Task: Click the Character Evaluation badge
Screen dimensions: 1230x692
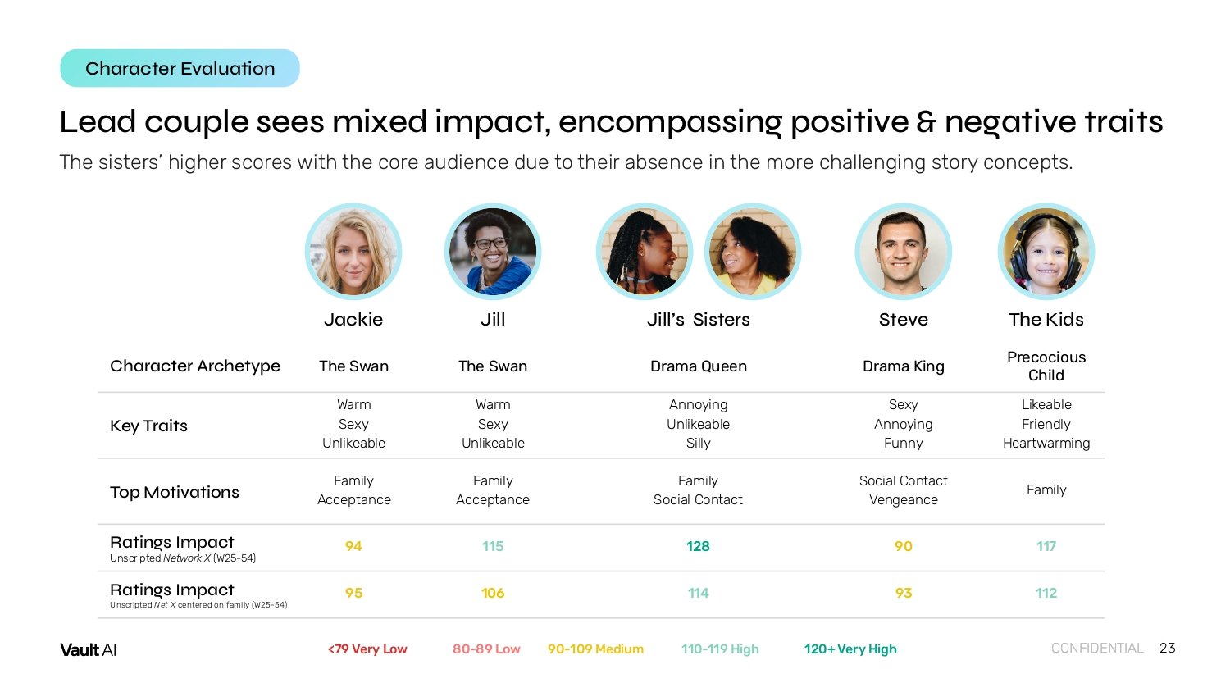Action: click(x=180, y=68)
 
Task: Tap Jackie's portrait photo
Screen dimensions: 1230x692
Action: click(x=353, y=252)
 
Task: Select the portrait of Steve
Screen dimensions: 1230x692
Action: click(x=904, y=252)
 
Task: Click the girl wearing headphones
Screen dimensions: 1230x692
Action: click(x=1046, y=252)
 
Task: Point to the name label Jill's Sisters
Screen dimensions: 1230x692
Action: click(x=698, y=319)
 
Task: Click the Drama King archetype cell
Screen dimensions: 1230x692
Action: click(x=904, y=366)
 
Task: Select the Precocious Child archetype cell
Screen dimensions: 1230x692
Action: click(x=1046, y=366)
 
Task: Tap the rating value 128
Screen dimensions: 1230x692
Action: click(x=698, y=546)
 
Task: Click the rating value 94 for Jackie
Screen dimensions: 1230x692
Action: click(x=353, y=546)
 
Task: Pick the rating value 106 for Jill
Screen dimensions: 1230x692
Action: click(x=493, y=593)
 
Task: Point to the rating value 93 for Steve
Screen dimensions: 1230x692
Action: click(x=904, y=593)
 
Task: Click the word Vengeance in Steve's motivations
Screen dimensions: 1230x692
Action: click(x=904, y=500)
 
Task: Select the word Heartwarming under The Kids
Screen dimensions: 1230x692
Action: click(x=1046, y=444)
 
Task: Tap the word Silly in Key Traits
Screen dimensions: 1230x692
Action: click(x=698, y=444)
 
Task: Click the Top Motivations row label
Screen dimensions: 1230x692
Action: click(x=175, y=492)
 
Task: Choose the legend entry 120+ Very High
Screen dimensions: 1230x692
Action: click(x=850, y=649)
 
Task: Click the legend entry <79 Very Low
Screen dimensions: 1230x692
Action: click(x=367, y=649)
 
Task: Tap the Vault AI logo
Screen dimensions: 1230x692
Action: click(x=88, y=649)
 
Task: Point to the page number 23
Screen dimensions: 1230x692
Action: click(x=1168, y=648)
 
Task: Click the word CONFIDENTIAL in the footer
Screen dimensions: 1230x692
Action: click(x=1097, y=648)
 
